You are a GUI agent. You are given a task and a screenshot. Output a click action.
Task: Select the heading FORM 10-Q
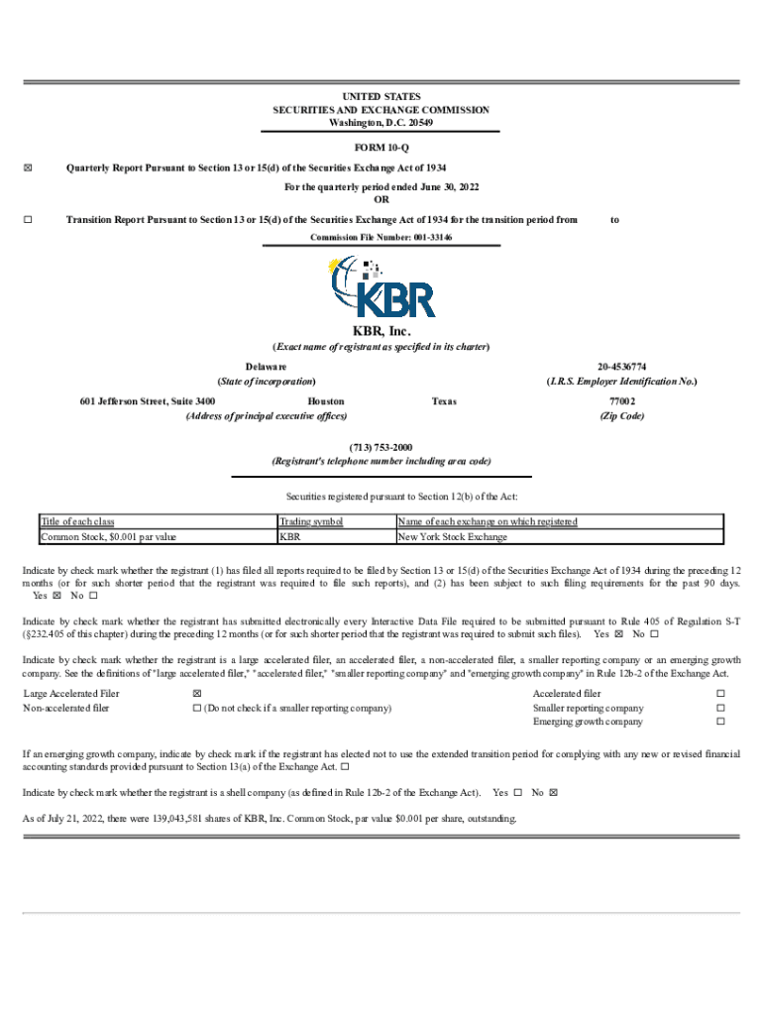[x=381, y=147]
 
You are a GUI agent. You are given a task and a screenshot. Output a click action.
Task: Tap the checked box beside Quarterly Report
[x=27, y=168]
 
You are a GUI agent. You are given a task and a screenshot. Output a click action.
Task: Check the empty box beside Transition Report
[x=27, y=219]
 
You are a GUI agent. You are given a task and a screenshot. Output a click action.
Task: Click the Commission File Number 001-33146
[x=381, y=239]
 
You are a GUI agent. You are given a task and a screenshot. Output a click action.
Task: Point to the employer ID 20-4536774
[x=622, y=367]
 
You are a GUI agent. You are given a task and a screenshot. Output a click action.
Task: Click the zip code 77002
[x=622, y=401]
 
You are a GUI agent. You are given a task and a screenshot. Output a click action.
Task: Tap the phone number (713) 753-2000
[x=381, y=447]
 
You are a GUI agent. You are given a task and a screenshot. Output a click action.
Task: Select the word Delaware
[x=267, y=367]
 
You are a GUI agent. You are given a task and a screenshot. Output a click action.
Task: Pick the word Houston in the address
[x=326, y=401]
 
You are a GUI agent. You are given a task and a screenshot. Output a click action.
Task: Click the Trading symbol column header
[x=311, y=521]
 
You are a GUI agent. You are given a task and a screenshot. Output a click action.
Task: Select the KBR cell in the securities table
[x=290, y=537]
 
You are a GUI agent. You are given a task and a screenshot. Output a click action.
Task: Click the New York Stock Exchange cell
[x=452, y=537]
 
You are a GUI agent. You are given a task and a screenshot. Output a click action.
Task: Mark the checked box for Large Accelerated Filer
[x=196, y=693]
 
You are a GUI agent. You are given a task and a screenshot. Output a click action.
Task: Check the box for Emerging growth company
[x=720, y=722]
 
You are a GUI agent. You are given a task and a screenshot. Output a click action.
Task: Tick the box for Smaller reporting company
[x=720, y=708]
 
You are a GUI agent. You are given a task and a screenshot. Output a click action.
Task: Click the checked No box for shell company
[x=554, y=793]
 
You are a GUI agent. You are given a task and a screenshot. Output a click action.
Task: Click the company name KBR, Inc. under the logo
[x=381, y=331]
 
